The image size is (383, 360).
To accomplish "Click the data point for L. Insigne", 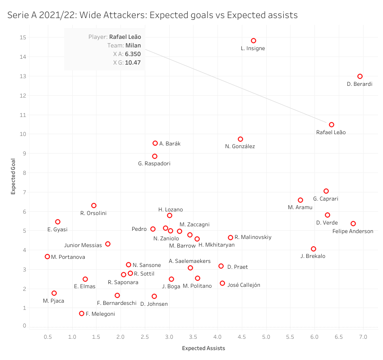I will [x=254, y=41].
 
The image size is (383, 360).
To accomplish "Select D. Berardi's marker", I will [x=360, y=76].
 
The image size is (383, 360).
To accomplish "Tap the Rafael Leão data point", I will [x=332, y=125].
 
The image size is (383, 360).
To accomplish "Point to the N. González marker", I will [x=240, y=139].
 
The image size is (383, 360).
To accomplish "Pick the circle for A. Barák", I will [x=155, y=143].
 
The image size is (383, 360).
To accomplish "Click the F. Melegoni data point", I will [x=82, y=313].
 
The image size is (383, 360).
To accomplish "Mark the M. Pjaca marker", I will [x=54, y=293].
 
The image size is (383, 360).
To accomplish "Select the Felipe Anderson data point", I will [x=353, y=224].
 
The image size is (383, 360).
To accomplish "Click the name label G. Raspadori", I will [x=154, y=164].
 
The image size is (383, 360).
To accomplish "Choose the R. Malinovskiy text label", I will [x=253, y=237].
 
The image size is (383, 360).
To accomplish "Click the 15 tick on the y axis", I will [x=21, y=37].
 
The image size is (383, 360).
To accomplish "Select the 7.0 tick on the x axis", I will [x=363, y=337].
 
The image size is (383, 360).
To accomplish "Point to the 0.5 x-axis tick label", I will [x=47, y=337].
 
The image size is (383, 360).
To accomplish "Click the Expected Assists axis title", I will [x=203, y=348].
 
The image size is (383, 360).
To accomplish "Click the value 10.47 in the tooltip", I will [x=133, y=63].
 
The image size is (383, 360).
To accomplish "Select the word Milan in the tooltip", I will [x=133, y=45].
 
